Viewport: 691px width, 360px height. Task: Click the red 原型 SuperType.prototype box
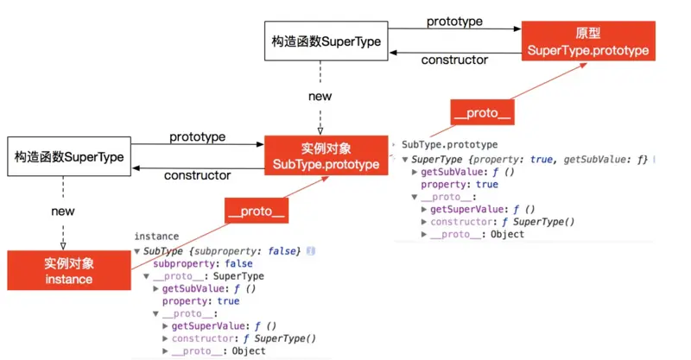tap(587, 41)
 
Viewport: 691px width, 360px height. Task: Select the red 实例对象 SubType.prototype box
tap(326, 155)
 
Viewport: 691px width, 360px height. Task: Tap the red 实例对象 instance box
tap(68, 269)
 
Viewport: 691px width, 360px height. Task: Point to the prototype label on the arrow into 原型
tap(455, 20)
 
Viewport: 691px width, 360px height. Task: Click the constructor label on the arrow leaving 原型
tap(454, 60)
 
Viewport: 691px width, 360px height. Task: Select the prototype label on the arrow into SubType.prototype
tap(197, 136)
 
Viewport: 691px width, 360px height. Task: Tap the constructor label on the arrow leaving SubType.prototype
tap(197, 175)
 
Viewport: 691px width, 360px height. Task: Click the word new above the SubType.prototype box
tap(320, 97)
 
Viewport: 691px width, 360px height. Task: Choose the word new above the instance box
tap(63, 211)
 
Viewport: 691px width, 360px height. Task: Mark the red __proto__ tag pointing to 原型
tap(481, 112)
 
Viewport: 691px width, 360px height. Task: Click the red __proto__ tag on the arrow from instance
tap(256, 210)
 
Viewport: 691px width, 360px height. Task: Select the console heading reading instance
tap(156, 236)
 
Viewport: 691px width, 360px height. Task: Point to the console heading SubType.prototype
tap(450, 145)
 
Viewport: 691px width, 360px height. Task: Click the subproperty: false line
tap(203, 263)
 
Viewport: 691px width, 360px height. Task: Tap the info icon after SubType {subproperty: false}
tap(310, 250)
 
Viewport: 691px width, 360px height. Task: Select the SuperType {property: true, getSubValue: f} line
tap(529, 159)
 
